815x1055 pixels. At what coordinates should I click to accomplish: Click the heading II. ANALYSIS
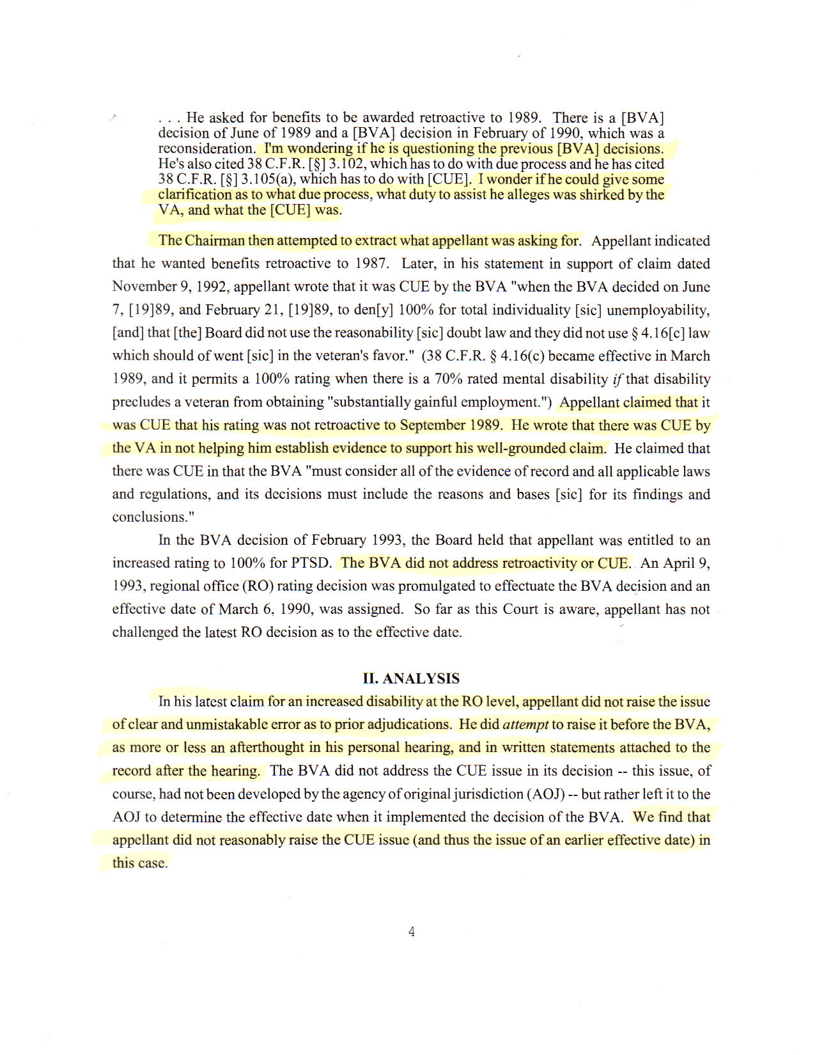tap(411, 678)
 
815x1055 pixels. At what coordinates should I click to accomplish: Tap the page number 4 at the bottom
tap(411, 932)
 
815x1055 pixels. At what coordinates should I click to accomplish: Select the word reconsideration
tap(206, 148)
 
